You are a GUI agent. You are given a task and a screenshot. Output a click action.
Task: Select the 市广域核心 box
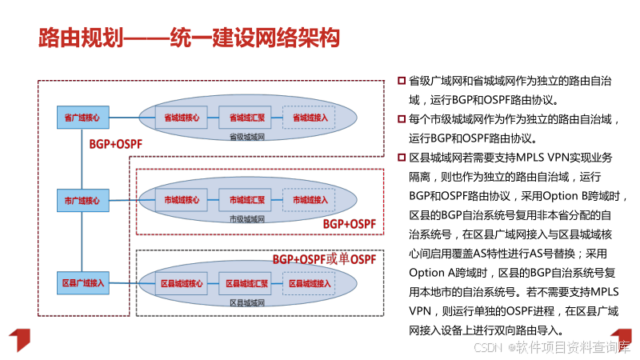82,200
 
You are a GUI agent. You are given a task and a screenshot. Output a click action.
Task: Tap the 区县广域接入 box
82,283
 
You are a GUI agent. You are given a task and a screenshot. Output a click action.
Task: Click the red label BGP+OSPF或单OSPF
324,259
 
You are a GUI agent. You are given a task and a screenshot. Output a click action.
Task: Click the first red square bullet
402,81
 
